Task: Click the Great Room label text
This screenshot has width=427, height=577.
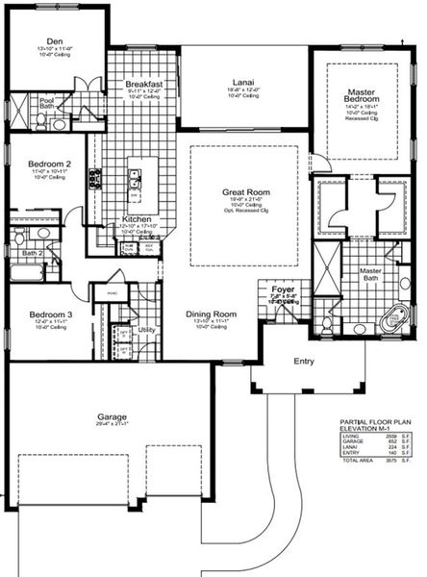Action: click(x=245, y=192)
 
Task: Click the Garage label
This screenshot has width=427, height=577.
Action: click(x=112, y=418)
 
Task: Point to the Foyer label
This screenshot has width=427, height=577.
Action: click(x=282, y=288)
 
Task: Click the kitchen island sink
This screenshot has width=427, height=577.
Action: click(x=134, y=178)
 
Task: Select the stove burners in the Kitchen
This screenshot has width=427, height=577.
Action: click(x=95, y=177)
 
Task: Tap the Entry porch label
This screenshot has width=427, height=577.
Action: click(x=303, y=362)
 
